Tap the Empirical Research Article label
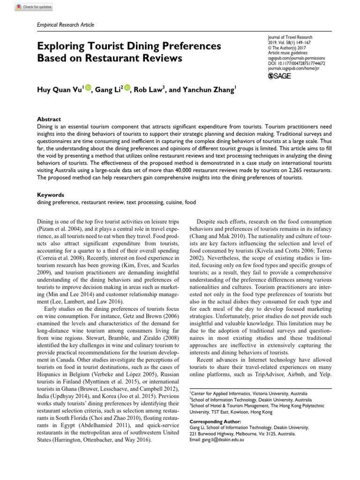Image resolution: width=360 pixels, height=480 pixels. coord(65,25)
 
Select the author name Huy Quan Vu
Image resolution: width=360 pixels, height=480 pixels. coord(59,90)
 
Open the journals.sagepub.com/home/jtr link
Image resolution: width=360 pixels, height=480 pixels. coord(293,68)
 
